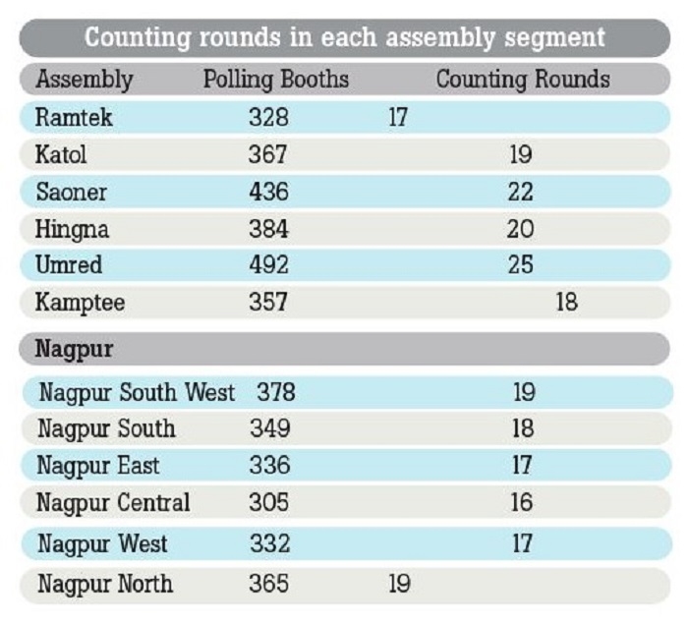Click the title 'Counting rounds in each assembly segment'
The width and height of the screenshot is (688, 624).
pyautogui.click(x=344, y=38)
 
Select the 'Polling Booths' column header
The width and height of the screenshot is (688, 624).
pyautogui.click(x=275, y=80)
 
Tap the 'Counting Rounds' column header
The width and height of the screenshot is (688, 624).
pyautogui.click(x=522, y=80)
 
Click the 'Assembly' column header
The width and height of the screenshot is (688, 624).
pyautogui.click(x=84, y=80)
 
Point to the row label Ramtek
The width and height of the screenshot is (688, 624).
pyautogui.click(x=75, y=118)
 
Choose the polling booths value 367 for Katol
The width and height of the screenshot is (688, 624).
pyautogui.click(x=268, y=155)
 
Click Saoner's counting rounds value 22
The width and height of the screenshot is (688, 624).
pyautogui.click(x=521, y=193)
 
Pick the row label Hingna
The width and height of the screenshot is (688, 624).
pyautogui.click(x=73, y=230)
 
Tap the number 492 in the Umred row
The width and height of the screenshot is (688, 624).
pyautogui.click(x=268, y=266)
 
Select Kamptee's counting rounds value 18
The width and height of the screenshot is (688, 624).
pyautogui.click(x=566, y=303)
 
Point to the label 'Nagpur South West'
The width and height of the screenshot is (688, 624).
pyautogui.click(x=137, y=393)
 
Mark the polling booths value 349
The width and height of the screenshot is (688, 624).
pyautogui.click(x=269, y=429)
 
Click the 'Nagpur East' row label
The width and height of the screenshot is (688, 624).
pyautogui.click(x=98, y=466)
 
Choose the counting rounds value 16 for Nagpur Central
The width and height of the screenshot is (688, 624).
pyautogui.click(x=522, y=503)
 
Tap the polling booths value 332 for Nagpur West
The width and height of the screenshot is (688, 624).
pyautogui.click(x=269, y=543)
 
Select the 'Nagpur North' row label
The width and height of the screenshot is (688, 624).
pyautogui.click(x=105, y=585)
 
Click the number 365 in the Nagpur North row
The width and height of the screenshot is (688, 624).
pyautogui.click(x=269, y=585)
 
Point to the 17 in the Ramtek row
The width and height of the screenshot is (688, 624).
pyautogui.click(x=398, y=118)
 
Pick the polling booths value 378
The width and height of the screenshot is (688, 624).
pyautogui.click(x=276, y=393)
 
